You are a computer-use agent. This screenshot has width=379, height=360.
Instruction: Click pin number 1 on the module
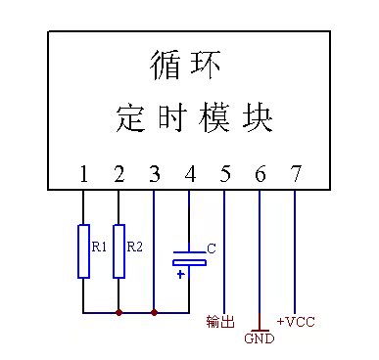[84, 175]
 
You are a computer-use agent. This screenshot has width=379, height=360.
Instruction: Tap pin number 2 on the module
[119, 175]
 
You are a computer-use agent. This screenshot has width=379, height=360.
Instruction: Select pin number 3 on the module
[155, 175]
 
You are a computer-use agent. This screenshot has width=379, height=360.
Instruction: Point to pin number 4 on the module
[190, 175]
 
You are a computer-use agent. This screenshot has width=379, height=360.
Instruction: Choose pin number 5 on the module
[225, 175]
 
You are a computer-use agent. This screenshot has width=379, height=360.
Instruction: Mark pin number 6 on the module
[261, 175]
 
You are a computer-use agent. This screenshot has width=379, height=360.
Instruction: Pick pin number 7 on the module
[296, 175]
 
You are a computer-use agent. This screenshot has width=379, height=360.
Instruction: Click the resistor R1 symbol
[83, 250]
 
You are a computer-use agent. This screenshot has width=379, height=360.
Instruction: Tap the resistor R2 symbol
[118, 250]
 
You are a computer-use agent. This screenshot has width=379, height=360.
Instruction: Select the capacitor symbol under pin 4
[189, 257]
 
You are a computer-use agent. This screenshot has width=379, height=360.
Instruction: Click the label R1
[99, 247]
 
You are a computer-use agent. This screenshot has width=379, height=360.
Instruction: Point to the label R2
[135, 247]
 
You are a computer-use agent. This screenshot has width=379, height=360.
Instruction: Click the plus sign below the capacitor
[180, 274]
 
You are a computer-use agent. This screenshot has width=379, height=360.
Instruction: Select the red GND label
[260, 339]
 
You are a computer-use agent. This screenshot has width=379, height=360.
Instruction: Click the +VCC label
[296, 321]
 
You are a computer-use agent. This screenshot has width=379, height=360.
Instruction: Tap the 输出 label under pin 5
[221, 321]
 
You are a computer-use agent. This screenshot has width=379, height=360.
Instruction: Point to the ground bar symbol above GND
[260, 329]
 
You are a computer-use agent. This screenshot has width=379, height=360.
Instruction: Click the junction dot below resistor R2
[118, 313]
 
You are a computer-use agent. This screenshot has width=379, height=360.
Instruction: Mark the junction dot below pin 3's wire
[155, 313]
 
